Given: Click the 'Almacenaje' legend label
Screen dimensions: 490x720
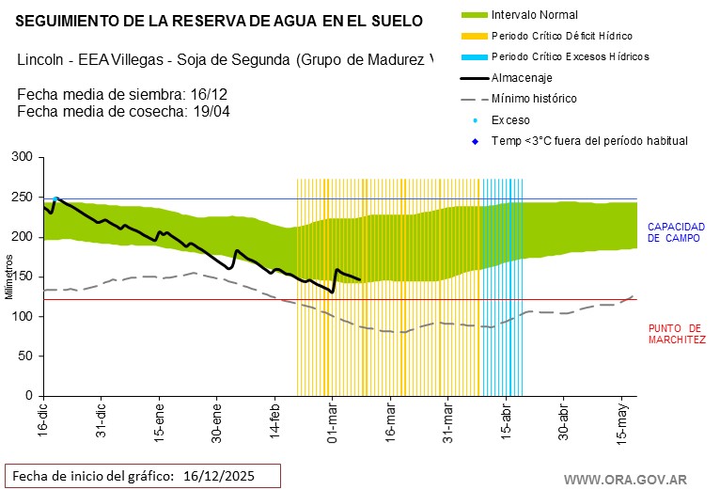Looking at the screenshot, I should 522,78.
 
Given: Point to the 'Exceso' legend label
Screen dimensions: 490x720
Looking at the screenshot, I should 510,120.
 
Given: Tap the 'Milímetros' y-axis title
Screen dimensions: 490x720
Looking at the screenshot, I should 8,277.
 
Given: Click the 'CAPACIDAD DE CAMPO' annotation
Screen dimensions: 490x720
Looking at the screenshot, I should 676,232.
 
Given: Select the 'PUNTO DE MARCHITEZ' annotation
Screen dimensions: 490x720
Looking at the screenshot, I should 677,334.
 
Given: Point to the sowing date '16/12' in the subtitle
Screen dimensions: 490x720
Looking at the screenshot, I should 213,96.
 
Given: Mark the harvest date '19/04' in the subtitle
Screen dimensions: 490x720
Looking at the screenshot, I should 211,111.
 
